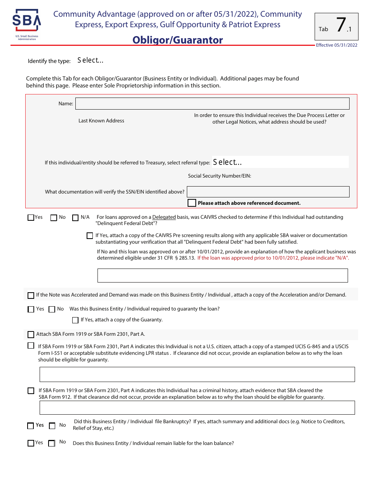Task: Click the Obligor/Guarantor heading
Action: click(x=178, y=40)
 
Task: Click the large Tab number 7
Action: click(x=341, y=25)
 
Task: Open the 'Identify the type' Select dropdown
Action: click(x=90, y=60)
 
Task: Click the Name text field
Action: click(x=212, y=103)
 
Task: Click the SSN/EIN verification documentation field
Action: click(x=268, y=192)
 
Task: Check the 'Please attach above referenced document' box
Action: click(x=191, y=203)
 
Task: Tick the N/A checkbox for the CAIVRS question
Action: click(x=75, y=218)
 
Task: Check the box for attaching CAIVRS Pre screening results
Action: click(x=90, y=236)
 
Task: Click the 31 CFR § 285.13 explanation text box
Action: click(x=222, y=275)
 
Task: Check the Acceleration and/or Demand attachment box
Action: click(x=31, y=295)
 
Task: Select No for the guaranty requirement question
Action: click(x=52, y=309)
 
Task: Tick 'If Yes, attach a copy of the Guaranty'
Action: click(x=75, y=320)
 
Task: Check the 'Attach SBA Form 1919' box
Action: click(x=31, y=335)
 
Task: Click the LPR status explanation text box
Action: click(x=197, y=374)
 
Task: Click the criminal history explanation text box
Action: click(x=197, y=408)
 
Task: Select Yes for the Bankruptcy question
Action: click(x=31, y=426)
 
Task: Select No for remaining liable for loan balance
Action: click(x=52, y=443)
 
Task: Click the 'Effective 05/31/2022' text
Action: click(x=336, y=45)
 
